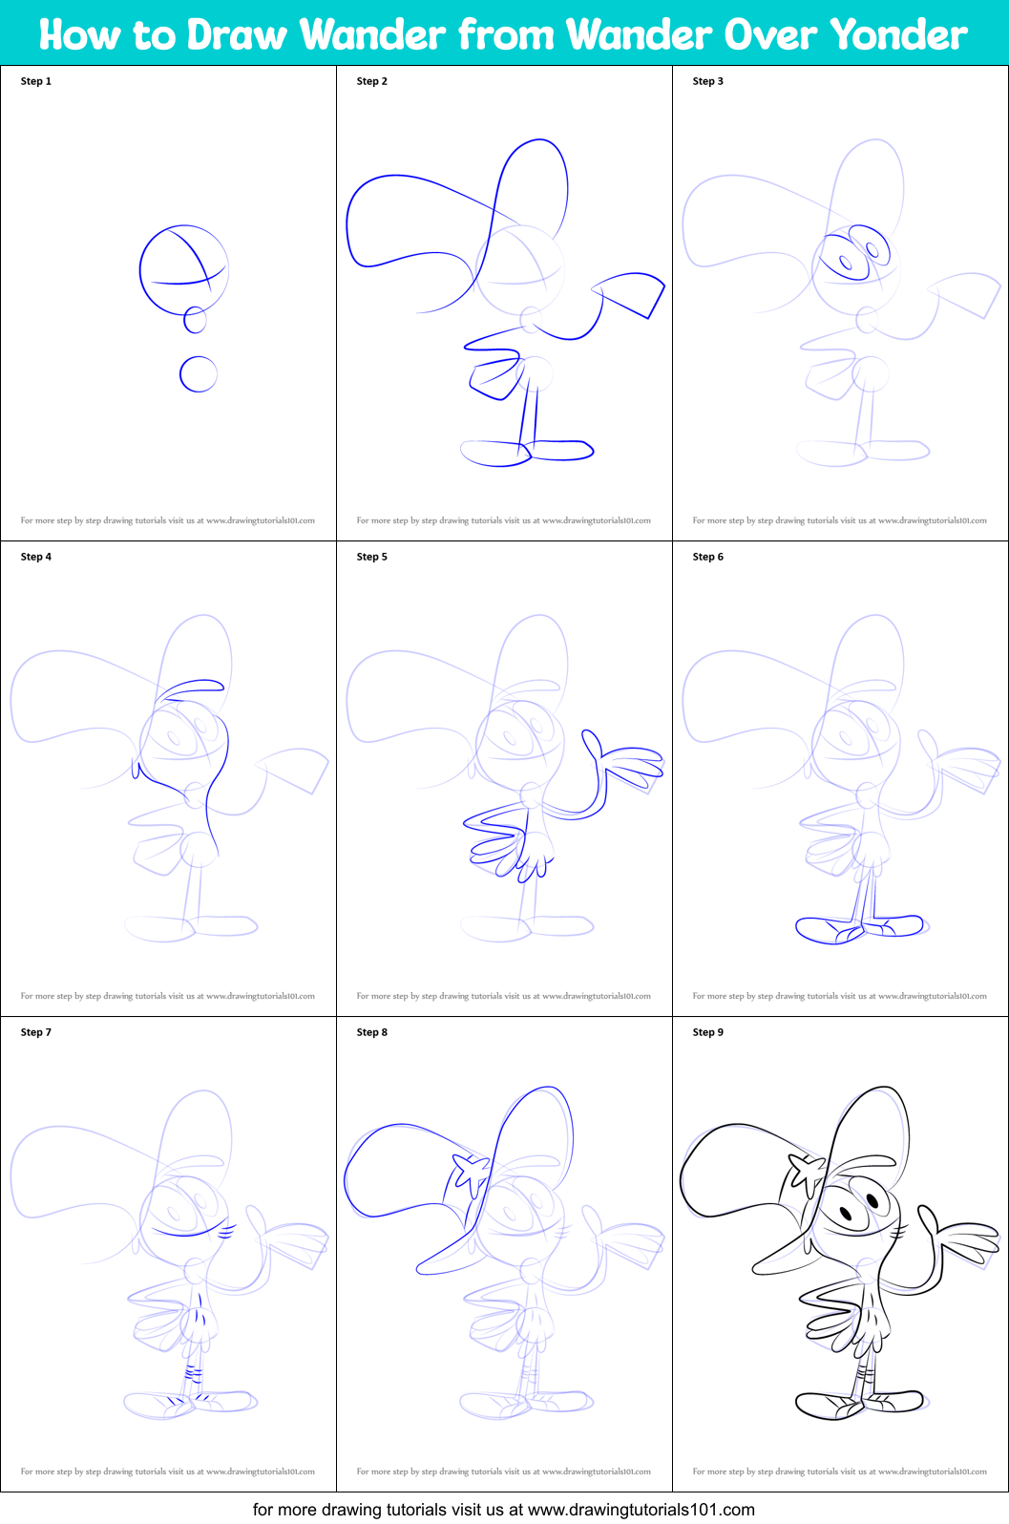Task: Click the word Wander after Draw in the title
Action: tap(373, 35)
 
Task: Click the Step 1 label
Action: tap(36, 81)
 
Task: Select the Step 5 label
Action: tap(372, 557)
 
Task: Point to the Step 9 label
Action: tap(708, 1032)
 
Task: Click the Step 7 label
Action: tap(36, 1032)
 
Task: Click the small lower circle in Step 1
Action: tap(199, 374)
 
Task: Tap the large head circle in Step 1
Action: tap(183, 269)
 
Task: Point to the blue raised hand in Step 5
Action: tap(625, 764)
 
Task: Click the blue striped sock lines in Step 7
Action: tap(194, 1374)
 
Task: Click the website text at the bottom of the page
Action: tap(504, 1510)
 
